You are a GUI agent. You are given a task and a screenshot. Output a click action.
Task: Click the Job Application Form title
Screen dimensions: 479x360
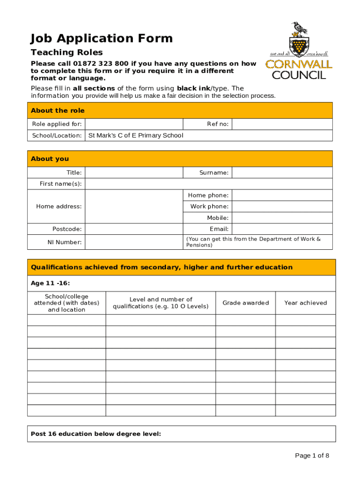pyautogui.click(x=101, y=38)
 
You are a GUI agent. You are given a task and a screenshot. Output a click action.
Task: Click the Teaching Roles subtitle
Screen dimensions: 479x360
pyautogui.click(x=66, y=52)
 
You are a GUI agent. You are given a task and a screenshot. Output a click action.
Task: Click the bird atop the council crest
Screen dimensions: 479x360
pyautogui.click(x=299, y=29)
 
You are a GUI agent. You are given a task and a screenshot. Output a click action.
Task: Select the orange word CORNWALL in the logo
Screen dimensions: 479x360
pyautogui.click(x=299, y=64)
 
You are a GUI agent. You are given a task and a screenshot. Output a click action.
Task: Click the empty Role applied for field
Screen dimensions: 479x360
pyautogui.click(x=134, y=124)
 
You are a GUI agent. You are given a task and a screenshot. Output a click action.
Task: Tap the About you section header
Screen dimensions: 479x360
pyautogui.click(x=50, y=159)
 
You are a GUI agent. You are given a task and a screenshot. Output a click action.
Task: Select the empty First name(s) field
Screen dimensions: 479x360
pyautogui.click(x=209, y=184)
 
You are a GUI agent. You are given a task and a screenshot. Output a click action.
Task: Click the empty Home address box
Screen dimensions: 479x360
pyautogui.click(x=134, y=206)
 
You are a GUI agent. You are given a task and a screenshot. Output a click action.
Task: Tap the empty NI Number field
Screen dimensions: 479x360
pyautogui.click(x=134, y=242)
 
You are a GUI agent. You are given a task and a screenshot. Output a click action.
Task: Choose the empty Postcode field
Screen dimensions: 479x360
pyautogui.click(x=134, y=229)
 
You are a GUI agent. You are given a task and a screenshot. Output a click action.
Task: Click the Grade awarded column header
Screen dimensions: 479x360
pyautogui.click(x=245, y=303)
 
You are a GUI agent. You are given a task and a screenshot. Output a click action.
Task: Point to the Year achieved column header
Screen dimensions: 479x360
pyautogui.click(x=305, y=303)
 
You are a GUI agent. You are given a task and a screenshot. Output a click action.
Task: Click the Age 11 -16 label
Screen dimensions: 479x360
pyautogui.click(x=50, y=283)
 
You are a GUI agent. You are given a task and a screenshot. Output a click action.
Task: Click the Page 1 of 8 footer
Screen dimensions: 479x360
pyautogui.click(x=312, y=456)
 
